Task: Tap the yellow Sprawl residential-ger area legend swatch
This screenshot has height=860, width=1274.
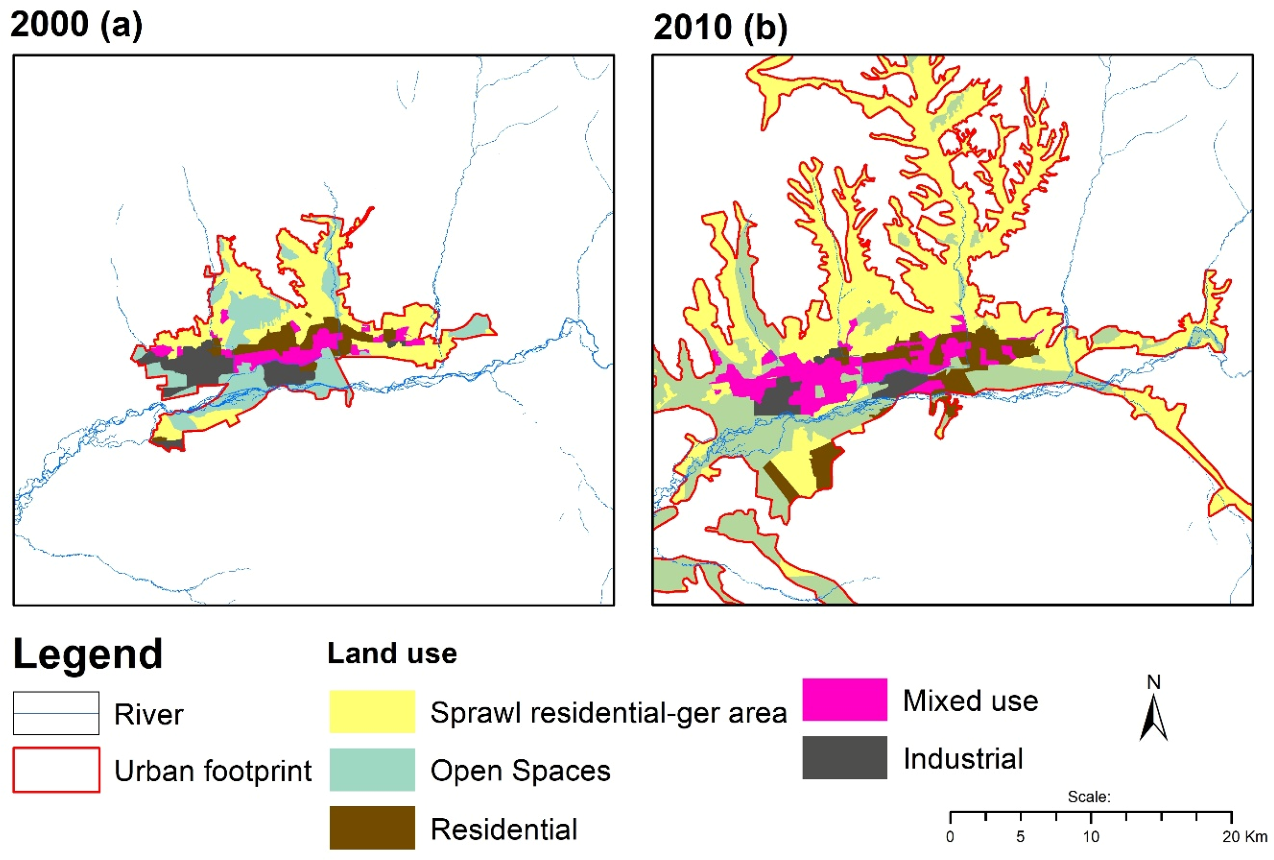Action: [372, 711]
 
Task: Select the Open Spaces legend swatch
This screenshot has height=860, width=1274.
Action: [372, 769]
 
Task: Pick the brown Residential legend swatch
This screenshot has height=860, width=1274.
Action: [372, 827]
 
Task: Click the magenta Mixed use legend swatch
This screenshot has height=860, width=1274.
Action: [844, 699]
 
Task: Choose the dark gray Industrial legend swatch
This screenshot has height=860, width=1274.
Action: [844, 757]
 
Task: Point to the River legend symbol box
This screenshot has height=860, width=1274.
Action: [56, 713]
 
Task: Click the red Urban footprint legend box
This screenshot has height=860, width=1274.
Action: [56, 770]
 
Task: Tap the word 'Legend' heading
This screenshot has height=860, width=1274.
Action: [88, 654]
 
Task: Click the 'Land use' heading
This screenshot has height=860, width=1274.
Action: [392, 653]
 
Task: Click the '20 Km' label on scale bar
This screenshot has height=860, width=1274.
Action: [1244, 837]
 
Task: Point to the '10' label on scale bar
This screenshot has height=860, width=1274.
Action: [1091, 837]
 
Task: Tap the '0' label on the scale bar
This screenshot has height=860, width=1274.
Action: [950, 837]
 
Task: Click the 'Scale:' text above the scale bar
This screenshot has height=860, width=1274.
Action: [1089, 797]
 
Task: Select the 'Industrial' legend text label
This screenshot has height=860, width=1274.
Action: [962, 758]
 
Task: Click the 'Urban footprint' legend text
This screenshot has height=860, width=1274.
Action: [213, 771]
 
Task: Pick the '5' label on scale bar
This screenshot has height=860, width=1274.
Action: [1020, 837]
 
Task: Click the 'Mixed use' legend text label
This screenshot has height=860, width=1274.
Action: [970, 701]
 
